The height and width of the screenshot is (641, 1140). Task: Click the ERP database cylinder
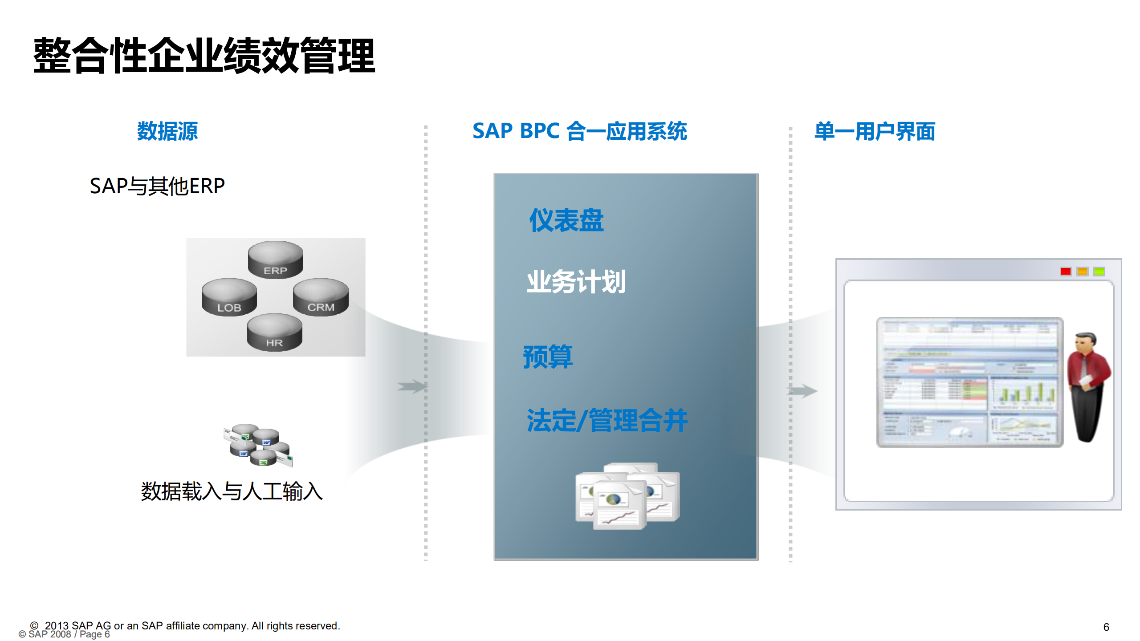(x=275, y=259)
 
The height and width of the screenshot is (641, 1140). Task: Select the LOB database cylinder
(x=229, y=297)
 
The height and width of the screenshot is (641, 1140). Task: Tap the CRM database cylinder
(x=321, y=296)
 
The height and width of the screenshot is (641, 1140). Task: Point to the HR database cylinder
(x=274, y=332)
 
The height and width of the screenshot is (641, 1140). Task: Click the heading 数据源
(x=167, y=131)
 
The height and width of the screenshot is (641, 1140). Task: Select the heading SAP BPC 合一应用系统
(x=579, y=131)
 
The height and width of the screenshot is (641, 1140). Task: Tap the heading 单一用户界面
(x=875, y=131)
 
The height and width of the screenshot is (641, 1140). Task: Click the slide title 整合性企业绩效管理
(x=204, y=56)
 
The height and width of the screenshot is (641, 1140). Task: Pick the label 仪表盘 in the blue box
(x=566, y=220)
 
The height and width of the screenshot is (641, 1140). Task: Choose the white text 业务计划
(x=576, y=282)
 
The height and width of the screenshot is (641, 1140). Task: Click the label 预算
(x=548, y=357)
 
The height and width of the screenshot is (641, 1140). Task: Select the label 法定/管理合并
(x=607, y=421)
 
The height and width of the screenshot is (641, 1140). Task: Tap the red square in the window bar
(x=1066, y=271)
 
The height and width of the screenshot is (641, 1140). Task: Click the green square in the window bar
(x=1099, y=271)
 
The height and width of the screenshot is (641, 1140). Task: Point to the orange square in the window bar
(x=1083, y=271)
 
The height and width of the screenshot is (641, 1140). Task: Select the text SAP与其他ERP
(x=157, y=186)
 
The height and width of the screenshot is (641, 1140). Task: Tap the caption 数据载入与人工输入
(x=232, y=492)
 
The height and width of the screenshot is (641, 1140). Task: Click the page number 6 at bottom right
(x=1106, y=627)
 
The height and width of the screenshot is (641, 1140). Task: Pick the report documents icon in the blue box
(x=627, y=496)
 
